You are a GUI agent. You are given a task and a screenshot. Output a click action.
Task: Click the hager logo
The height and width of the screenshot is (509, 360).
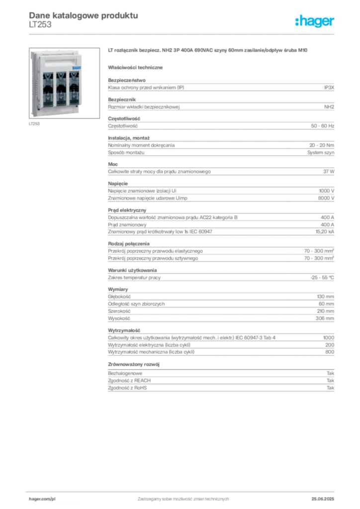(315, 21)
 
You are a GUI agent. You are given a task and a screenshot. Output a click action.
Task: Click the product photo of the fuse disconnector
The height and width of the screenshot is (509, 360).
(64, 83)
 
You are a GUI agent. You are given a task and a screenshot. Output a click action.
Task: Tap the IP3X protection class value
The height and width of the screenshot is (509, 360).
(329, 87)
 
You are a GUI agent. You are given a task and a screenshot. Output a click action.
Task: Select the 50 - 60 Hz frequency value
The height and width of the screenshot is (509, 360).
(323, 126)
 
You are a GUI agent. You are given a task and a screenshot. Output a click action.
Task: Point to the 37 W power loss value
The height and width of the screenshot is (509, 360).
(329, 171)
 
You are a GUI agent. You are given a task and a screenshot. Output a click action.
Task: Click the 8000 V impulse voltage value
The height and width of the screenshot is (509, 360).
(326, 198)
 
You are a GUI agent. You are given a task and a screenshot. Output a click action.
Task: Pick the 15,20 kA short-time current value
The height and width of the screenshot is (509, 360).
(325, 232)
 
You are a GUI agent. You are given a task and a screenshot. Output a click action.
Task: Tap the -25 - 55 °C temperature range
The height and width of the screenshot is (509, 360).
(322, 277)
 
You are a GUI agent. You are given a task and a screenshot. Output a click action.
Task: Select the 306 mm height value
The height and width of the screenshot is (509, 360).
(325, 319)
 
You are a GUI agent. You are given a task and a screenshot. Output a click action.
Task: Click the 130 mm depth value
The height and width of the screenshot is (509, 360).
(326, 297)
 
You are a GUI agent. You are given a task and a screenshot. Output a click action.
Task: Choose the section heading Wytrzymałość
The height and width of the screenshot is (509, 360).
(124, 331)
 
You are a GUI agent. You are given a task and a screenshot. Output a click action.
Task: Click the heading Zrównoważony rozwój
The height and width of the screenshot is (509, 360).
(134, 364)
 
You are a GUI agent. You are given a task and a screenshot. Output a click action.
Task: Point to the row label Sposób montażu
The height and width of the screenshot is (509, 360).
(126, 153)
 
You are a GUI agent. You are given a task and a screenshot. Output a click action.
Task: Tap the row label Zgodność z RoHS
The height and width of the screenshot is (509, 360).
(127, 388)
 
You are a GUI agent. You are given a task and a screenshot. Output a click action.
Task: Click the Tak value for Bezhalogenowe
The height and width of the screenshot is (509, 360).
(331, 373)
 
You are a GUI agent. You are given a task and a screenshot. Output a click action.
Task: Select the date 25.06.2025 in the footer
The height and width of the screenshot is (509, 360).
(323, 499)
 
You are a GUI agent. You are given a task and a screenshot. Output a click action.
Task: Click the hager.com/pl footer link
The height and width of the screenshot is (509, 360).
(42, 499)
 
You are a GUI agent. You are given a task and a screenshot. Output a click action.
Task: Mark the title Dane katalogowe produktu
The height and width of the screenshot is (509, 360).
(84, 15)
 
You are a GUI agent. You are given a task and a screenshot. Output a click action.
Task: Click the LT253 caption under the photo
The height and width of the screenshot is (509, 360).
(34, 124)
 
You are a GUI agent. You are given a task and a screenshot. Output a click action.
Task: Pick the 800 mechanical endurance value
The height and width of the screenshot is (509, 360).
(330, 352)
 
